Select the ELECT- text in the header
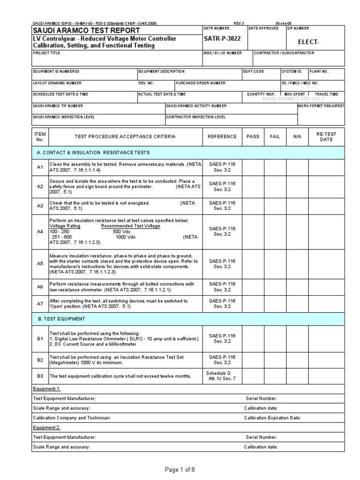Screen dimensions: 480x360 click(x=308, y=43)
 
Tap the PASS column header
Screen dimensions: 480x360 click(x=253, y=136)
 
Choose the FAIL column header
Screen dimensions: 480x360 click(x=275, y=136)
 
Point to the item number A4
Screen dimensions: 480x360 click(x=40, y=232)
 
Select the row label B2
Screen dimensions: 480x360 click(x=40, y=360)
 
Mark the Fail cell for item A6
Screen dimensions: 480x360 click(x=275, y=287)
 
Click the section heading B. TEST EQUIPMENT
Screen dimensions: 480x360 click(x=61, y=318)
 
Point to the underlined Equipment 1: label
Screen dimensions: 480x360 click(x=46, y=389)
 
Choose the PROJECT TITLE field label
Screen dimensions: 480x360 click(x=47, y=53)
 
